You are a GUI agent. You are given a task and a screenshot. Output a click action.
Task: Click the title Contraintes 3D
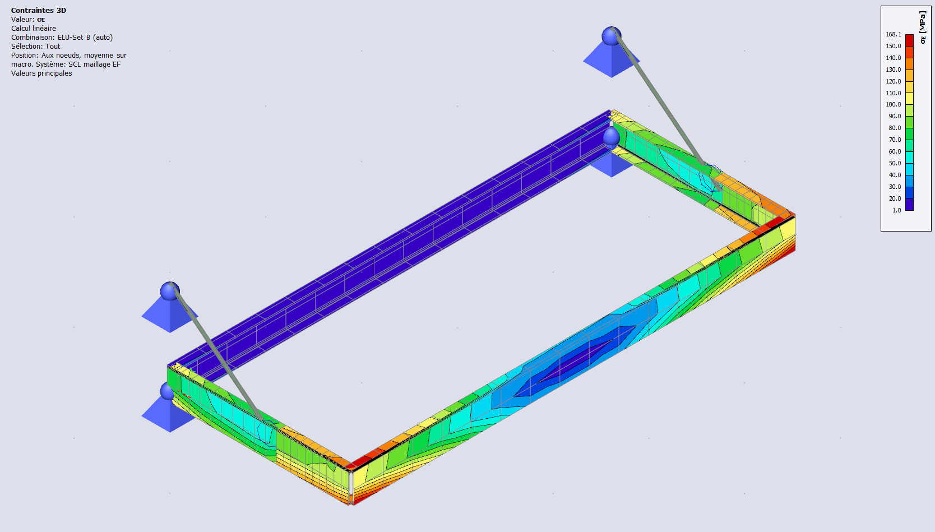click(39, 11)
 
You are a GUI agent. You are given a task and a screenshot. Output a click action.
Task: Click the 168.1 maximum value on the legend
click(894, 34)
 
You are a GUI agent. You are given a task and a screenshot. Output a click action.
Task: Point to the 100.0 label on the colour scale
click(894, 104)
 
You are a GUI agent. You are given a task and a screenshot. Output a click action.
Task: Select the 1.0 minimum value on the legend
click(896, 210)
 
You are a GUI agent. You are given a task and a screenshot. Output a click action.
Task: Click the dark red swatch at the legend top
click(910, 40)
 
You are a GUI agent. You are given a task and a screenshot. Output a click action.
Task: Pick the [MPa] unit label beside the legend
click(923, 22)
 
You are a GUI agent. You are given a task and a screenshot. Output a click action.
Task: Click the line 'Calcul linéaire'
click(34, 29)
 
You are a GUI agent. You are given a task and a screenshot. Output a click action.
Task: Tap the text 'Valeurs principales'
click(41, 73)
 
